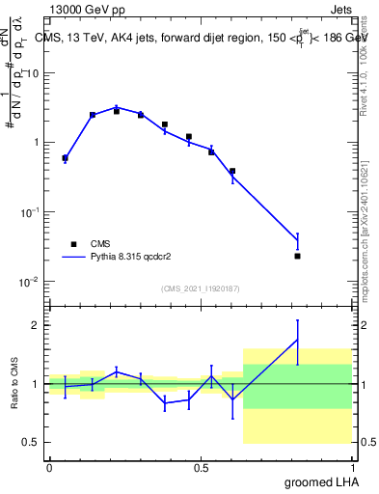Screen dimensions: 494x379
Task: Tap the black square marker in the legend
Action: tap(73, 244)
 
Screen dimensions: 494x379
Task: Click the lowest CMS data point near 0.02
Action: tap(298, 256)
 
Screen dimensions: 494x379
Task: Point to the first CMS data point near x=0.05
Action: tap(65, 157)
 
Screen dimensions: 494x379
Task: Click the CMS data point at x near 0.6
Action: tap(232, 171)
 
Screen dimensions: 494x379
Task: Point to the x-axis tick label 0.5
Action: tap(201, 466)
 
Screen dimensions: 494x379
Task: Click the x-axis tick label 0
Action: tap(49, 466)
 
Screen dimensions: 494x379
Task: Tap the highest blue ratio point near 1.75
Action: tap(298, 340)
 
